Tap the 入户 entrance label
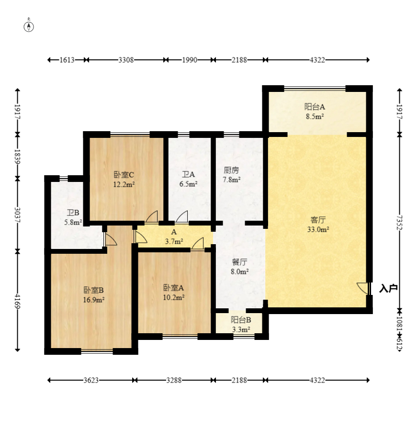388,288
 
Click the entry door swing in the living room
362,289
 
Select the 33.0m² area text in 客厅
318,229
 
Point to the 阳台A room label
315,107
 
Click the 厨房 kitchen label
231,170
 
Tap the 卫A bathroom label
188,175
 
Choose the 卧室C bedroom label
124,175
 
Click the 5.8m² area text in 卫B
73,222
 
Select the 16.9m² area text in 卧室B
94,300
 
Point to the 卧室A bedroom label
173,288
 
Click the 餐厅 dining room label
239,262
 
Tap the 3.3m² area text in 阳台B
241,329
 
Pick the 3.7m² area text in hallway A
174,241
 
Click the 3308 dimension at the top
126,60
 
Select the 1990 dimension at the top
190,60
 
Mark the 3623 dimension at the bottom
91,380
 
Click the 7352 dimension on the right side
400,223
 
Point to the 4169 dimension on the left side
17,301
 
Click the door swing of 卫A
182,217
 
